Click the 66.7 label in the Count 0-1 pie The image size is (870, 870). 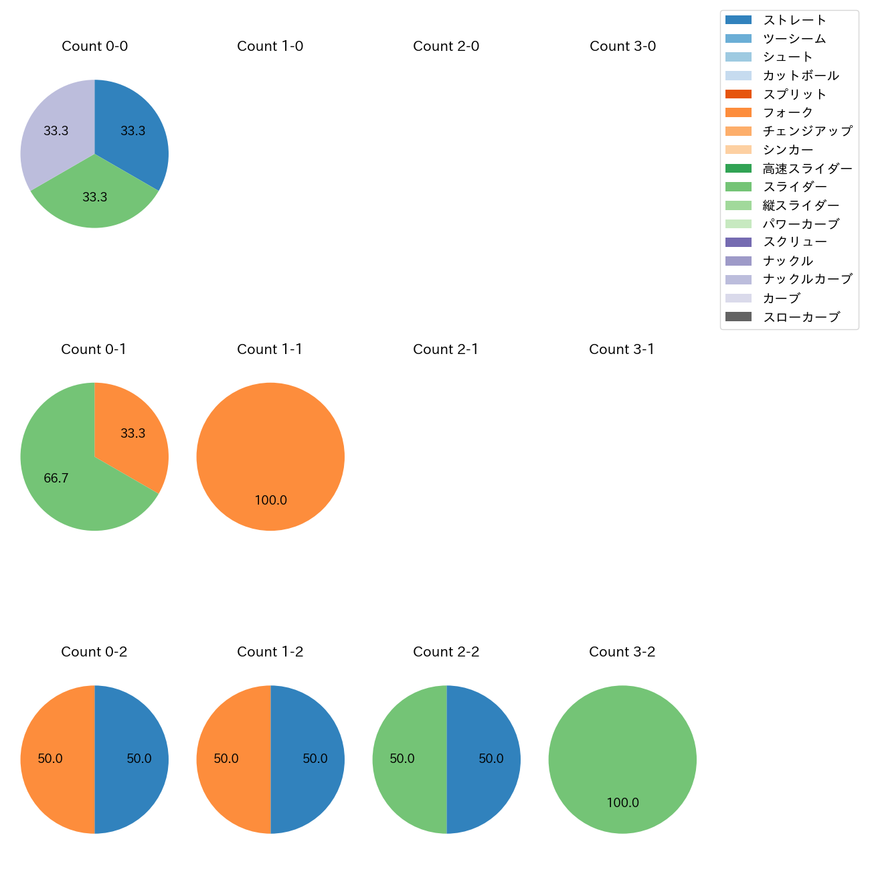56,478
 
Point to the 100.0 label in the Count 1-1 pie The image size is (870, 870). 270,501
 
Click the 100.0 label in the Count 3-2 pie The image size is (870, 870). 622,803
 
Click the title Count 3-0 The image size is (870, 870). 622,46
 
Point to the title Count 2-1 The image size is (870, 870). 446,349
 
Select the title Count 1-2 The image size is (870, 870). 270,652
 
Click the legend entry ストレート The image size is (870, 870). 794,20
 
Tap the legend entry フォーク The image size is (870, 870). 788,112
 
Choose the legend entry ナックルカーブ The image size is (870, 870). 807,279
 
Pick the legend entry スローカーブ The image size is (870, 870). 801,317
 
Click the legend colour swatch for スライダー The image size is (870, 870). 738,187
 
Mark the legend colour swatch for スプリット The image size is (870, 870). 738,94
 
